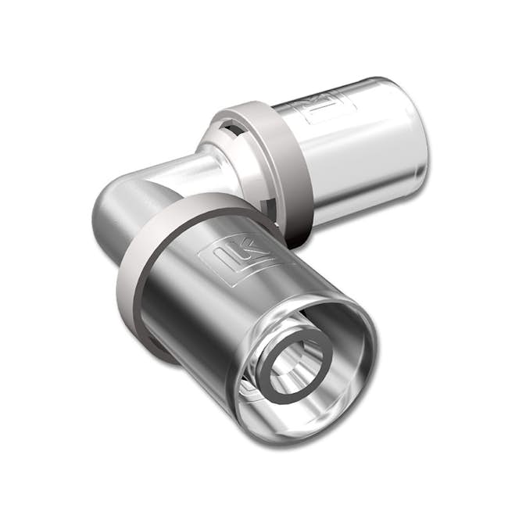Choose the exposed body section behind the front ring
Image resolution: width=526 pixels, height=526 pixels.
117,234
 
